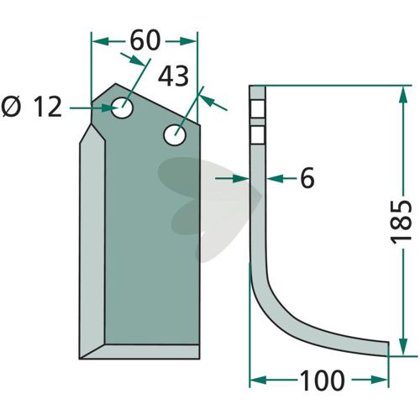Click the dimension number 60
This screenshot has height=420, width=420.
(x=145, y=40)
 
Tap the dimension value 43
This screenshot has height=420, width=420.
(x=173, y=76)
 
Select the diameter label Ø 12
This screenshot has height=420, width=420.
(x=31, y=107)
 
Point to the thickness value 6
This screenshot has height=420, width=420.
(x=307, y=178)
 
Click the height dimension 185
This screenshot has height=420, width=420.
(x=402, y=222)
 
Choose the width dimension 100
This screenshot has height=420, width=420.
(x=322, y=381)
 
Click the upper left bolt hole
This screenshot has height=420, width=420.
(x=122, y=108)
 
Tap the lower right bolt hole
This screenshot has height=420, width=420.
(x=175, y=135)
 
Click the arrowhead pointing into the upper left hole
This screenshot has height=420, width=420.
(x=111, y=108)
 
